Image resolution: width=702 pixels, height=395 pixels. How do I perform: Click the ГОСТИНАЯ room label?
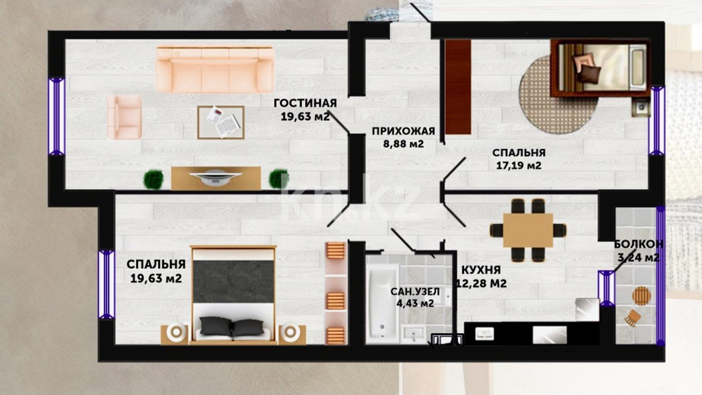(305, 103)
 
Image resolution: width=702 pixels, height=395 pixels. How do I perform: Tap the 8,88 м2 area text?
(403, 144)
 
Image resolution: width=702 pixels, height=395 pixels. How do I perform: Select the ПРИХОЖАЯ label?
(403, 131)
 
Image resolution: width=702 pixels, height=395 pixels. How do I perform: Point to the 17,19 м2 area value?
(519, 166)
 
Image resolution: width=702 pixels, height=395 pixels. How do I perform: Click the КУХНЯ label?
(481, 270)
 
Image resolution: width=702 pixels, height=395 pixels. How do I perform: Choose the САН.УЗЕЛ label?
(415, 291)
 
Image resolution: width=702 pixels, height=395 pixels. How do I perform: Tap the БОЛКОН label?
(638, 244)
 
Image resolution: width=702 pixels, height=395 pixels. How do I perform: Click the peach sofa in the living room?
(215, 69)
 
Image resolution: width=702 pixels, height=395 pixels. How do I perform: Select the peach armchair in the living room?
(124, 117)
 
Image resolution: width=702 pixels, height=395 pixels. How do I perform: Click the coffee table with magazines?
(221, 122)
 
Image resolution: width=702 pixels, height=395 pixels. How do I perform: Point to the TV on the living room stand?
(216, 178)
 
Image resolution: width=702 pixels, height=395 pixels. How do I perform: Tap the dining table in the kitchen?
(528, 230)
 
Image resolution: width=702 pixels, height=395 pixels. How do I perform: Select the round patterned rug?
(558, 95)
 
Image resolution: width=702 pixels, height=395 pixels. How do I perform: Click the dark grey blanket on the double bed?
(234, 281)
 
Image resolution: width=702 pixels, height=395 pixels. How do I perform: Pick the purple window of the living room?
(56, 117)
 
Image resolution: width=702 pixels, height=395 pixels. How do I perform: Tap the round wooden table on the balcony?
(642, 296)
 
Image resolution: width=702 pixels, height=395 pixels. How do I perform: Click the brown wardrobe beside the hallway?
(458, 87)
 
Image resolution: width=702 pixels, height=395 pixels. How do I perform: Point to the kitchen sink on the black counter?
(484, 334)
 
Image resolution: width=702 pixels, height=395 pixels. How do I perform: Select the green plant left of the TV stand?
(154, 179)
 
